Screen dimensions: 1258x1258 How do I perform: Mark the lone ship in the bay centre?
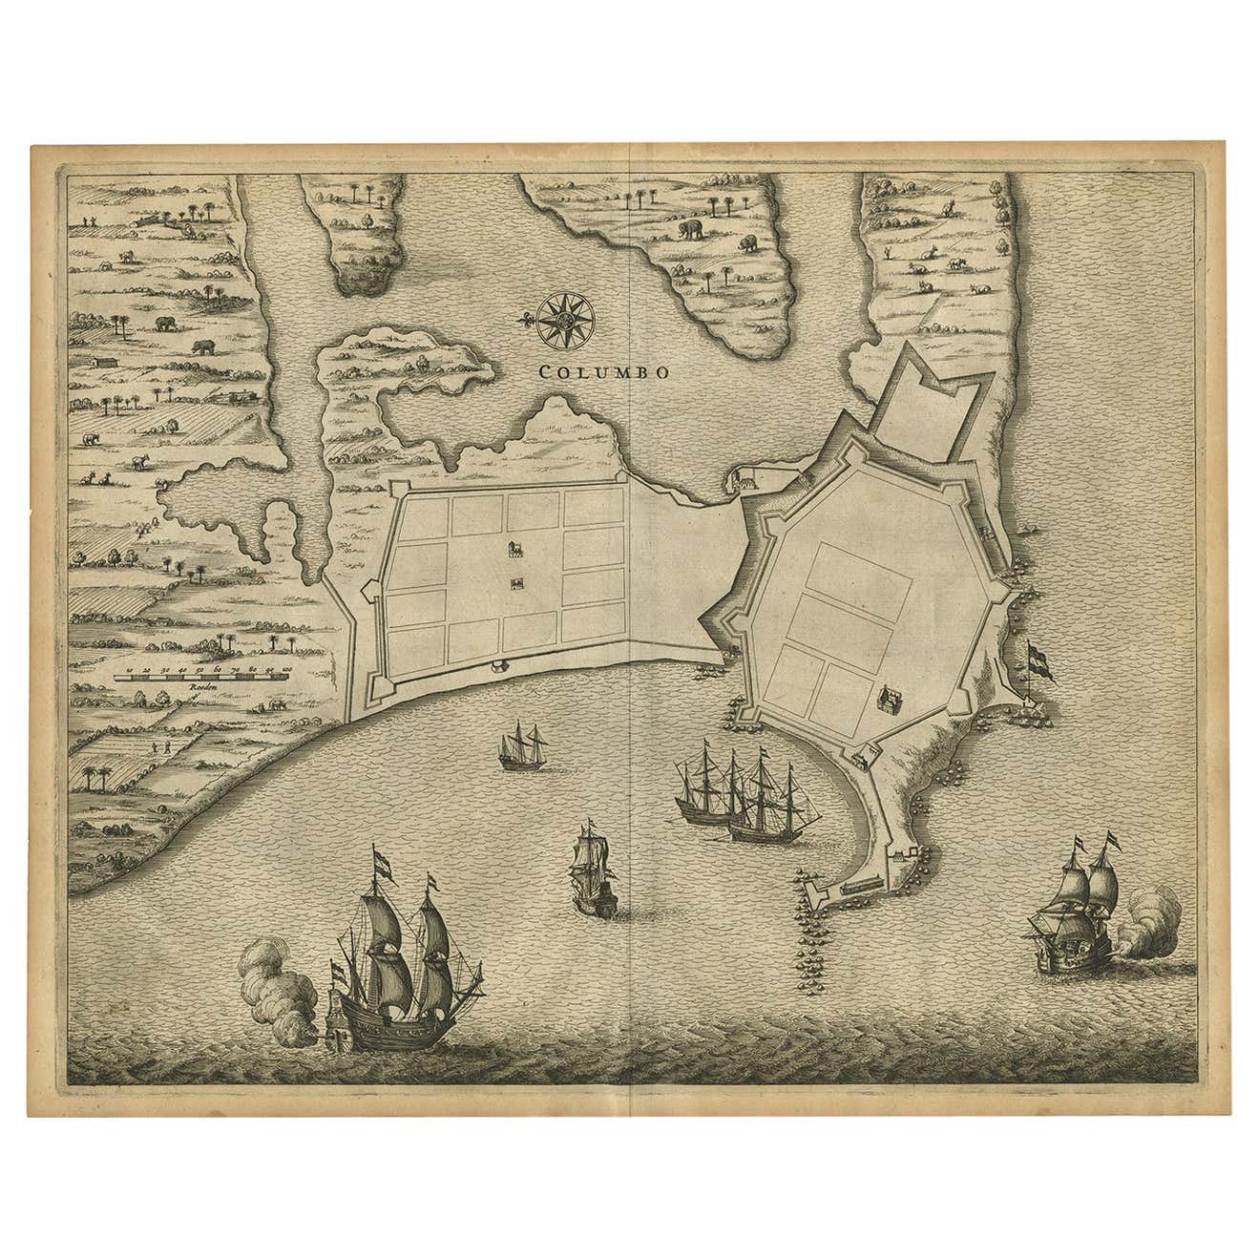(x=593, y=870)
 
